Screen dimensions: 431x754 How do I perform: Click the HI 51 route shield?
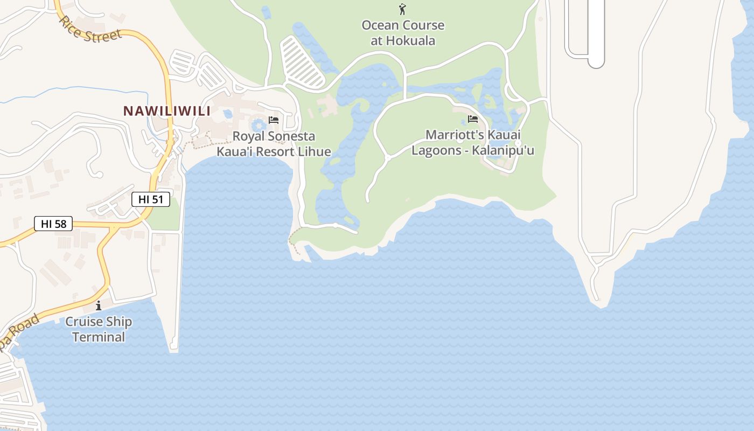(151, 199)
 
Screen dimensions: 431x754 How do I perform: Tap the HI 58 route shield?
(53, 224)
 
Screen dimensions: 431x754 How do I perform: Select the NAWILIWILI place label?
(166, 111)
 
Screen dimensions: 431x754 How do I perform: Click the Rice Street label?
(90, 31)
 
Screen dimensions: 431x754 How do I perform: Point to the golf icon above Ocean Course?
(402, 9)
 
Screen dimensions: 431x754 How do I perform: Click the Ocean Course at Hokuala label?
(403, 32)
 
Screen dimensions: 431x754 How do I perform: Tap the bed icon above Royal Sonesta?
(274, 120)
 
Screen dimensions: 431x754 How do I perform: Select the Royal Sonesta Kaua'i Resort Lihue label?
(274, 144)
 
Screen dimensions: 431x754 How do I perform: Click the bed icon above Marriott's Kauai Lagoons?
(473, 119)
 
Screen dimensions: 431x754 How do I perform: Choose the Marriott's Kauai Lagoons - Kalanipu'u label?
(473, 142)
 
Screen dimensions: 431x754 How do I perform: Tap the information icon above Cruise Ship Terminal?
(99, 306)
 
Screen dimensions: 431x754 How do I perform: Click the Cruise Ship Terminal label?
(99, 329)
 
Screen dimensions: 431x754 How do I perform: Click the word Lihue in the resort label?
(312, 151)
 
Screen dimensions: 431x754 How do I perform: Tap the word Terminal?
(99, 337)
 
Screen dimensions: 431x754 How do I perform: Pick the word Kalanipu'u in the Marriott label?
(503, 150)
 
